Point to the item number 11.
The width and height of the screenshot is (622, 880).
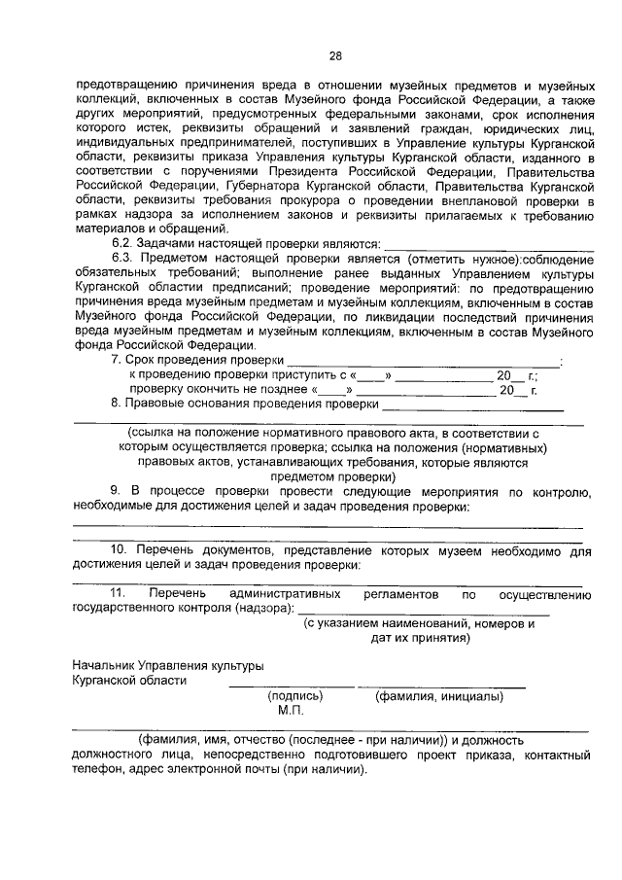[118, 592]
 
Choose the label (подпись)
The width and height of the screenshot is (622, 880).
[290, 696]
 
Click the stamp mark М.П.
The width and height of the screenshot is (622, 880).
[291, 711]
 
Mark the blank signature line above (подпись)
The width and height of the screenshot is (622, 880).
[278, 686]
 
